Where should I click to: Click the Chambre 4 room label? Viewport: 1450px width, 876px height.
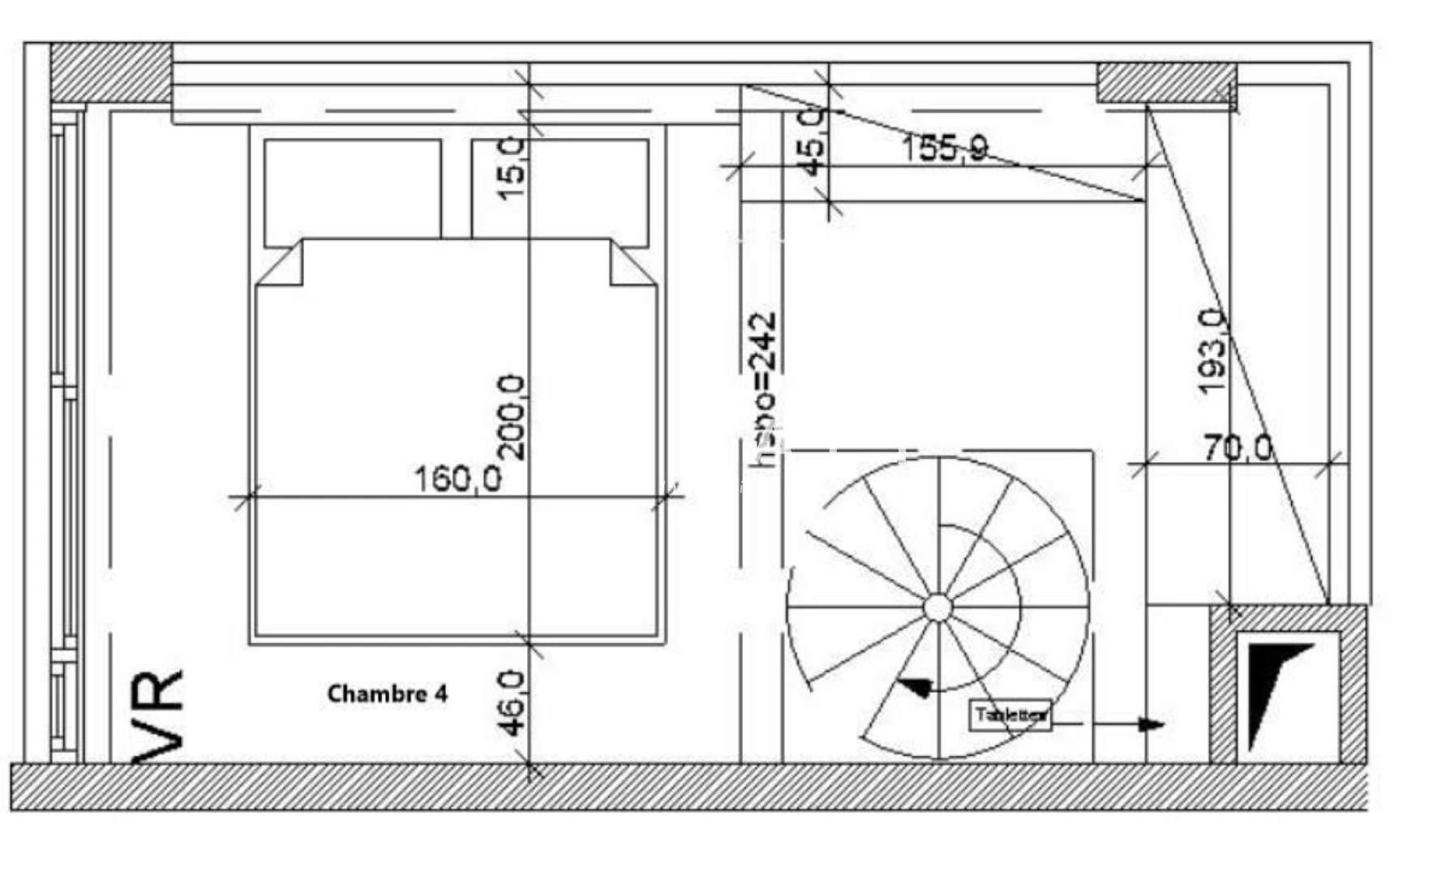387,694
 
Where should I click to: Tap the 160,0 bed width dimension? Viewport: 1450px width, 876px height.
458,479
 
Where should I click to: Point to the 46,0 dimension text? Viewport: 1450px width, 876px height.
513,702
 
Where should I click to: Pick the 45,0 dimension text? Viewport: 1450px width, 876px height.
813,141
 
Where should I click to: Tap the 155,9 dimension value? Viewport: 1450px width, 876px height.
945,148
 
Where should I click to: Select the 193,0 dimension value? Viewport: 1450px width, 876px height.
1213,352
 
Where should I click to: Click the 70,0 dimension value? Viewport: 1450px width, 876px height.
1238,448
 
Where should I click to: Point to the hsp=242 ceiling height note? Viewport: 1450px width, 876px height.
763,390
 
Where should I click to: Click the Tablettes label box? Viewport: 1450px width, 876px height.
1010,715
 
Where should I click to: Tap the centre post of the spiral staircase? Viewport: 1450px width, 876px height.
937,608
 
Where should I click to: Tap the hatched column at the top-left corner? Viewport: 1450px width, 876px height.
111,73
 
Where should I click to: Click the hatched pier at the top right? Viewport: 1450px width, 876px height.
1167,83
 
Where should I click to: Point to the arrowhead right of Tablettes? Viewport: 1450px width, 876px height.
1152,724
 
